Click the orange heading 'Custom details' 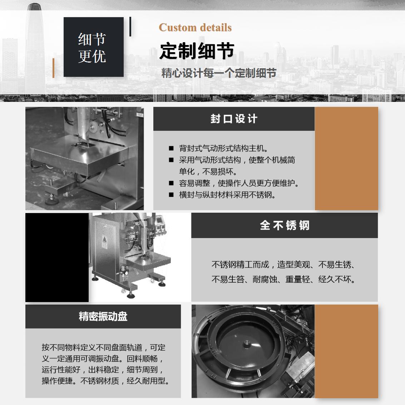(x=195, y=28)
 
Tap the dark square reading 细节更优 (x=94, y=47)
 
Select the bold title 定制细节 (x=197, y=51)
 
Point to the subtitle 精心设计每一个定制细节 (x=219, y=73)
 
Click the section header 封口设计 (x=234, y=119)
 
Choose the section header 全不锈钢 (x=285, y=225)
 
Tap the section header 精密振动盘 (x=103, y=316)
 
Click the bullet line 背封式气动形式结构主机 (x=224, y=148)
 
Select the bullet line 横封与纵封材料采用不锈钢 (x=227, y=195)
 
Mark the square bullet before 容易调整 (x=171, y=183)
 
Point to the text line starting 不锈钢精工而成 (x=283, y=265)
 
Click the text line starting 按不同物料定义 (x=104, y=347)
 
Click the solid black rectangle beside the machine (x=57, y=257)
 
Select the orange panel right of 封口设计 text (x=346, y=158)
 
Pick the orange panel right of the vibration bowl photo (x=346, y=351)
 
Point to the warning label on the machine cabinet (x=104, y=242)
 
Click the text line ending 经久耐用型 (x=106, y=381)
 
